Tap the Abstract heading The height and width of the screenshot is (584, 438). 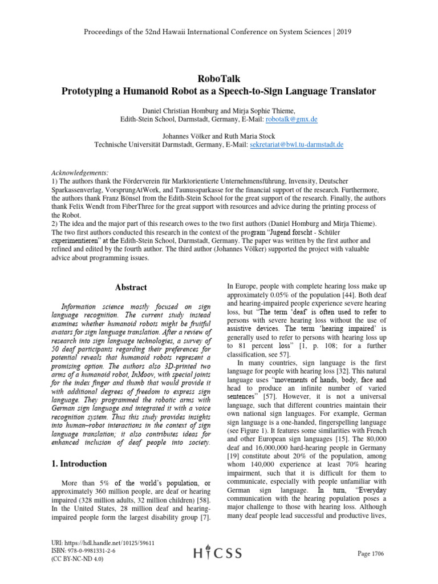coord(131,287)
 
